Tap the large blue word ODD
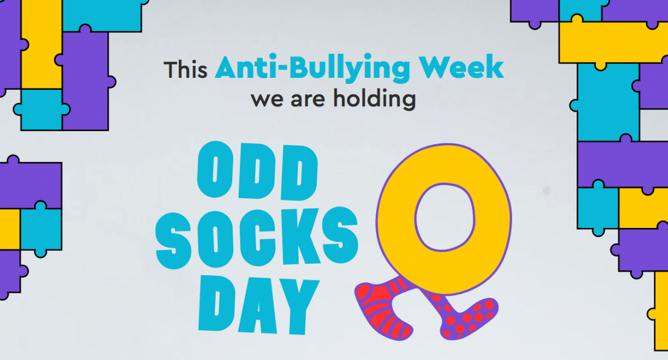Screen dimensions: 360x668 tap(256, 172)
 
